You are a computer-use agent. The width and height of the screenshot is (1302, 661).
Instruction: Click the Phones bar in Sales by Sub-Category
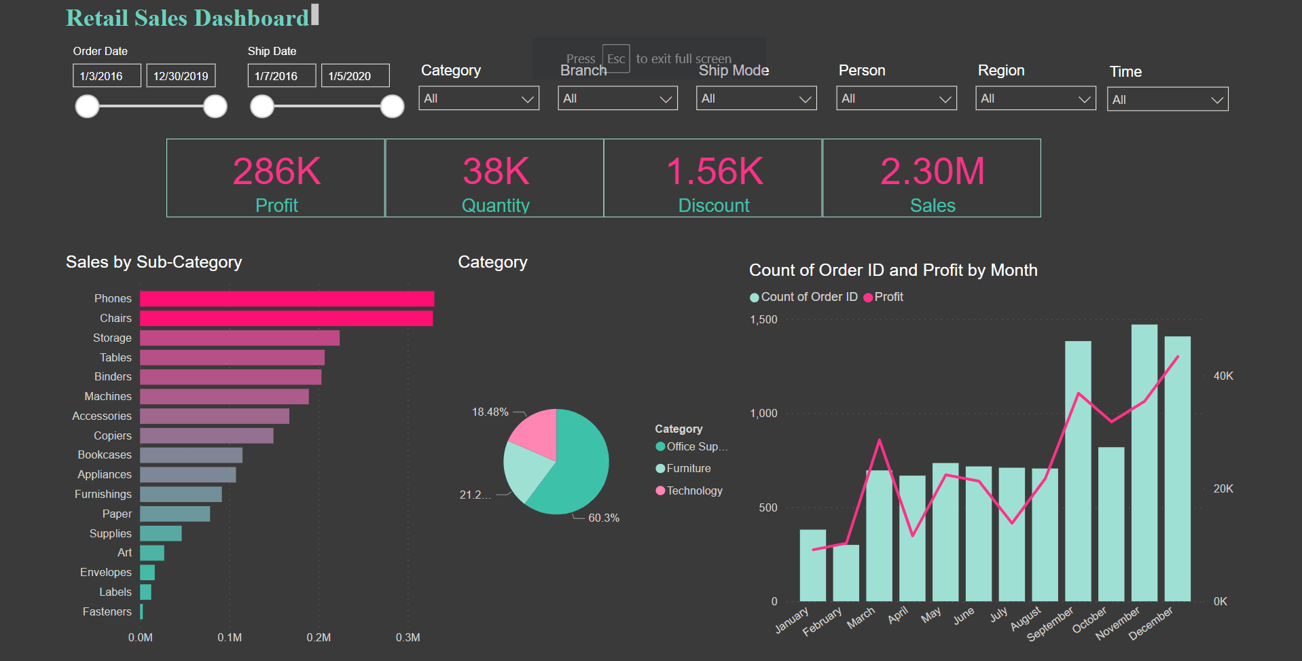[287, 299]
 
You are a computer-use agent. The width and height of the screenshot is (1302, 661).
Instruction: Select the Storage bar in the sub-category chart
[240, 338]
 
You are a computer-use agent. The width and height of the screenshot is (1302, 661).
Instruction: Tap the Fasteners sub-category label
[107, 611]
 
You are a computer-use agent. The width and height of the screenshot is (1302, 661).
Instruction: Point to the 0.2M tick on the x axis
[319, 637]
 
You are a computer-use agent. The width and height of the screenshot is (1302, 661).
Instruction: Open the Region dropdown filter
[1036, 99]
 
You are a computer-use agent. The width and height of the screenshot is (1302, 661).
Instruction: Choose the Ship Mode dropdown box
[757, 99]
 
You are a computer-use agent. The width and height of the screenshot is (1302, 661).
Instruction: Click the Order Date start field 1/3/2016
[107, 75]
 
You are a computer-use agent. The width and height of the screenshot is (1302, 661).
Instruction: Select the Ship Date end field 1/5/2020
[355, 75]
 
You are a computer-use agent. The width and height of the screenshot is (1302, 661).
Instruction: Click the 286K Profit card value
[277, 171]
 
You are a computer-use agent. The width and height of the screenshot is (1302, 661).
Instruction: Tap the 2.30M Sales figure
[933, 171]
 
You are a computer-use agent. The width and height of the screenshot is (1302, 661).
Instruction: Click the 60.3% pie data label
[604, 518]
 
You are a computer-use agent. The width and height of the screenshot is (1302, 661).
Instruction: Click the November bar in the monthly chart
[1144, 463]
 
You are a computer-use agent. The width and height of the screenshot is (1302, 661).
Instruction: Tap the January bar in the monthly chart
[813, 565]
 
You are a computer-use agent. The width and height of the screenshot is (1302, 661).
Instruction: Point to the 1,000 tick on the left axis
[763, 413]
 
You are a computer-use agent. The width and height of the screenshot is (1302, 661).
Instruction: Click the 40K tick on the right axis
[1223, 376]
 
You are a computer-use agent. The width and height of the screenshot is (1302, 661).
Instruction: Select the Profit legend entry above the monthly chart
[884, 297]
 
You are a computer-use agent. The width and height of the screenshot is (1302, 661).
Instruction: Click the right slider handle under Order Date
[215, 106]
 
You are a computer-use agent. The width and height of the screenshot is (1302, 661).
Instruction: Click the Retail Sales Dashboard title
[187, 18]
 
